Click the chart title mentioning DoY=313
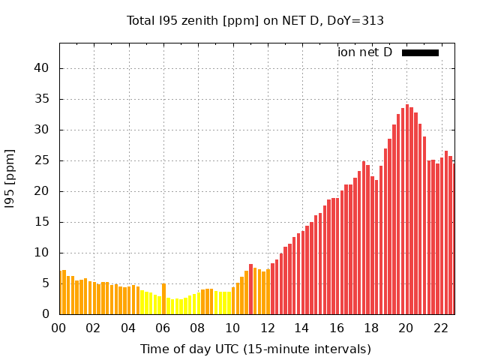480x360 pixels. point(255,21)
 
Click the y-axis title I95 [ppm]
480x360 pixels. point(10,178)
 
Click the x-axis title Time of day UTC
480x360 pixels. point(255,349)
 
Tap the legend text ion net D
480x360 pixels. point(364,52)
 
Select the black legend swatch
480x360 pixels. point(420,52)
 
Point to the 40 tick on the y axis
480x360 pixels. point(41,68)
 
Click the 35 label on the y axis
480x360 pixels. point(41,99)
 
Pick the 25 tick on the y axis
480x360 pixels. point(41,160)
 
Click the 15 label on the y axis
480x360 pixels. point(41,222)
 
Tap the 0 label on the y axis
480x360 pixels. point(45,314)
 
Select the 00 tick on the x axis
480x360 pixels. point(59,328)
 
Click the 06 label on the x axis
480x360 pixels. point(163,328)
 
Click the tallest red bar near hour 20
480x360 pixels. point(407,210)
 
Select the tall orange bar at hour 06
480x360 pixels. point(163,298)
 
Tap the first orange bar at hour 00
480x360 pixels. point(61,292)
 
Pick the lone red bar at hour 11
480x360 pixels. point(251,289)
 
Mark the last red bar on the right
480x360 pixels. point(453,238)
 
